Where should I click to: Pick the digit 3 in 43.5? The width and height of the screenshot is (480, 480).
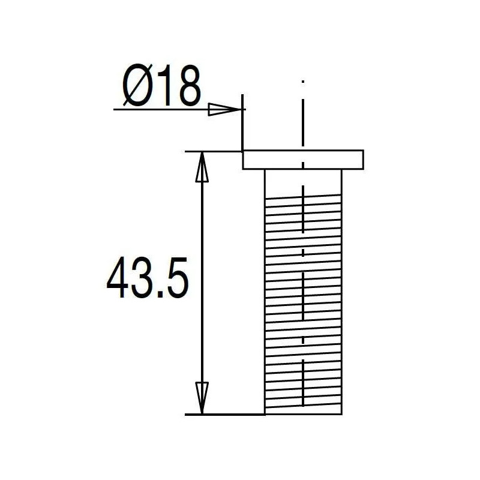tap(147, 280)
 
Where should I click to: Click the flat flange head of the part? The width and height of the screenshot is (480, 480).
tap(303, 160)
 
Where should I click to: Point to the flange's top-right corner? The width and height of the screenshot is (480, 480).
tap(364, 151)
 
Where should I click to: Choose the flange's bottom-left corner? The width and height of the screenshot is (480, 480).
tap(243, 169)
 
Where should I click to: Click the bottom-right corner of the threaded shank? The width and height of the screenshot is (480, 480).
tap(342, 414)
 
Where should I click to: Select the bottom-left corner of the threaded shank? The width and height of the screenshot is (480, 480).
tap(265, 414)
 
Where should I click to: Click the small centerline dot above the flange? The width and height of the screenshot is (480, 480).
tap(304, 80)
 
